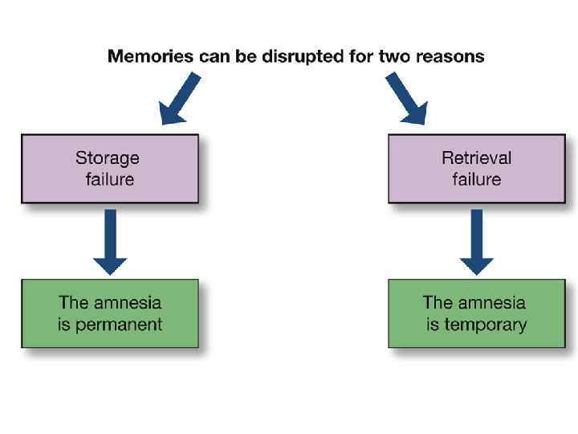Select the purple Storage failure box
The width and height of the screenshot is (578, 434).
109,168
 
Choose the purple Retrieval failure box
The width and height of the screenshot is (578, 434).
476,168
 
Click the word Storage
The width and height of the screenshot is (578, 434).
108,158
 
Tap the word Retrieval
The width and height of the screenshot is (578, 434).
476,158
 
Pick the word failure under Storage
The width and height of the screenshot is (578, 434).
109,178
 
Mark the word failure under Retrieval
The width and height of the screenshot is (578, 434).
476,178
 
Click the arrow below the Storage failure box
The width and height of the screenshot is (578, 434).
110,241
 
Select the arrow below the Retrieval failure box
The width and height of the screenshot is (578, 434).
476,241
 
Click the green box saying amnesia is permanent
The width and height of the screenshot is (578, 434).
109,313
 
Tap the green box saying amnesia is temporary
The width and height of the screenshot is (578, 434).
476,313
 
